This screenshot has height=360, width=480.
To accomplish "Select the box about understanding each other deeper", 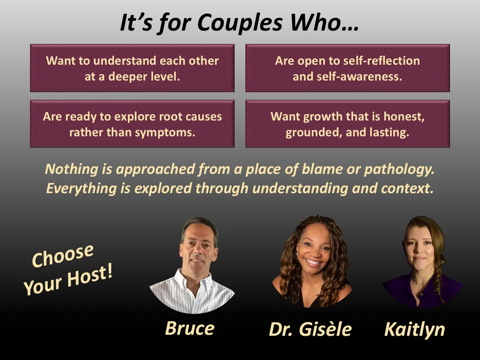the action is (x=132, y=68).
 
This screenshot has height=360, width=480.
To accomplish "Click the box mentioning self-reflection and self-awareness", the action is (x=347, y=68).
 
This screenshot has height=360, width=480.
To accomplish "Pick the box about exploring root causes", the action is (x=132, y=124).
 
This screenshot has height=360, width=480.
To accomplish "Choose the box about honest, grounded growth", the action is (x=347, y=124).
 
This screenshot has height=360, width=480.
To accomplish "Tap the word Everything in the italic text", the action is (x=81, y=189).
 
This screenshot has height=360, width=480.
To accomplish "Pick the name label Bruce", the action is (x=190, y=328).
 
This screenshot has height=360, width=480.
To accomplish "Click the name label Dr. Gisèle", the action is (x=310, y=329).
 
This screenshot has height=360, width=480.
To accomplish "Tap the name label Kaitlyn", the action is (x=414, y=330).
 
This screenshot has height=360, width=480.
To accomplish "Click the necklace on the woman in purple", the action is (x=420, y=283).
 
